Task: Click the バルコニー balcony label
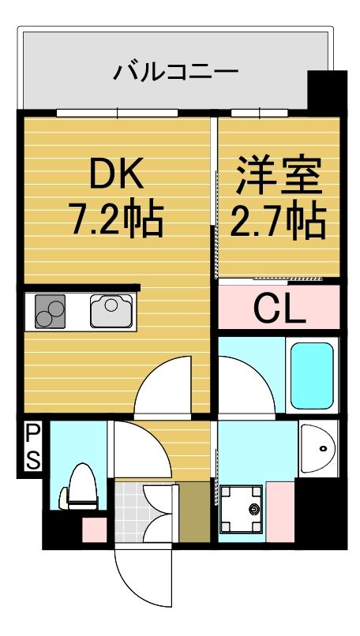175,73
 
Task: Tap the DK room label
116,175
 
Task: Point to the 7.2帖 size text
116,220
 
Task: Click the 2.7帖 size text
278,222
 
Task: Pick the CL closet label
279,309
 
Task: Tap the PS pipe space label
32,447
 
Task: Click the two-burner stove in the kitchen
50,311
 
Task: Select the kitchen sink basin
111,310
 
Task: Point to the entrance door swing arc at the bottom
142,580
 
